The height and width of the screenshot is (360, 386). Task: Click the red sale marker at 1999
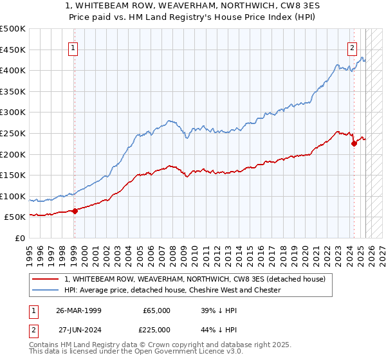[x=75, y=210]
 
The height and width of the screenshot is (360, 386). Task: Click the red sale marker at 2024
[x=354, y=143]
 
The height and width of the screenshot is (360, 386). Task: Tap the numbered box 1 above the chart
[x=73, y=48]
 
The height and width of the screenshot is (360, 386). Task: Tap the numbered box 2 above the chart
[x=353, y=48]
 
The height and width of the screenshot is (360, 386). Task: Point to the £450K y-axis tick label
[x=13, y=50]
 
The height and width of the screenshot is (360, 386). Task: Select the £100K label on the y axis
[x=13, y=196]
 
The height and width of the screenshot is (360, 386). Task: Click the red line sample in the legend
[x=47, y=279]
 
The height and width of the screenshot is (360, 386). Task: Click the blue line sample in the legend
[x=47, y=290]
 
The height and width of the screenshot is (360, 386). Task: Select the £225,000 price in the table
[x=156, y=330]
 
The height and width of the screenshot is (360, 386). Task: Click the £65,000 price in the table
[x=156, y=310]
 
